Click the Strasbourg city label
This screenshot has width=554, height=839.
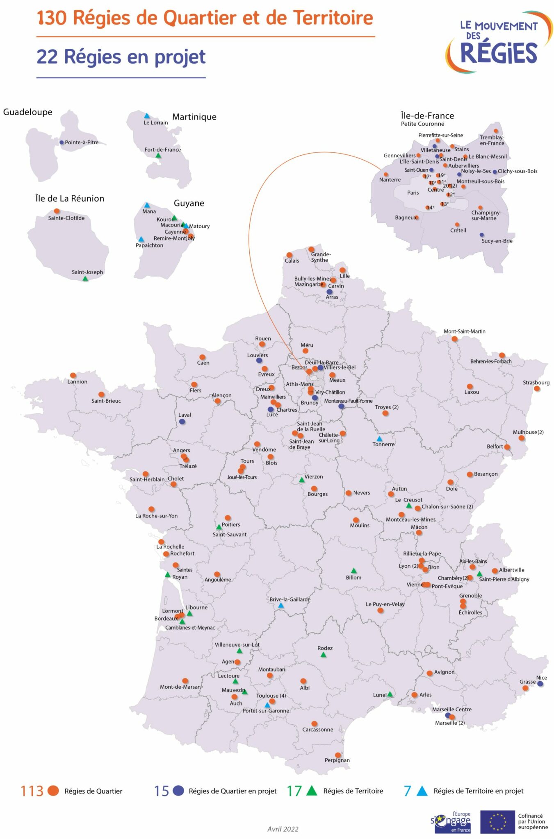[x=536, y=382]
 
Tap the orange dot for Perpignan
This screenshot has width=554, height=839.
[x=338, y=755]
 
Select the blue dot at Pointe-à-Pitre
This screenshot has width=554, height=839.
[x=62, y=143]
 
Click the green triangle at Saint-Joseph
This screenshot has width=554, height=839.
[x=85, y=279]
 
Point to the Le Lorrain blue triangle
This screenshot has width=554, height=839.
[x=147, y=116]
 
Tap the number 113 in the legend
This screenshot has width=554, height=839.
[x=32, y=791]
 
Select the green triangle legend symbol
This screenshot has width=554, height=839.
[x=312, y=791]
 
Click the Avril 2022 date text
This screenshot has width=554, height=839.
[x=283, y=829]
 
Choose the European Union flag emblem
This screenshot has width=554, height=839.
[x=497, y=822]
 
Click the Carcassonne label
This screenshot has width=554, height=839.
[x=317, y=729]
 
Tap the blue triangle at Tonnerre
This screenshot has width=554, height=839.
[x=379, y=439]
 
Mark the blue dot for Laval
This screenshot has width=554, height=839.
[x=182, y=422]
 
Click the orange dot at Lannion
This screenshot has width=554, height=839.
[x=73, y=375]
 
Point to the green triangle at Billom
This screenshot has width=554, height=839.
[x=353, y=571]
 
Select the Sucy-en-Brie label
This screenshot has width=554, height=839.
[x=497, y=241]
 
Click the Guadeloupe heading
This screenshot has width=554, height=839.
[x=27, y=112]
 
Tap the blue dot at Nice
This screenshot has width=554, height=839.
[x=540, y=684]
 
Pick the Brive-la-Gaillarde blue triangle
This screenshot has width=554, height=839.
[x=281, y=605]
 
